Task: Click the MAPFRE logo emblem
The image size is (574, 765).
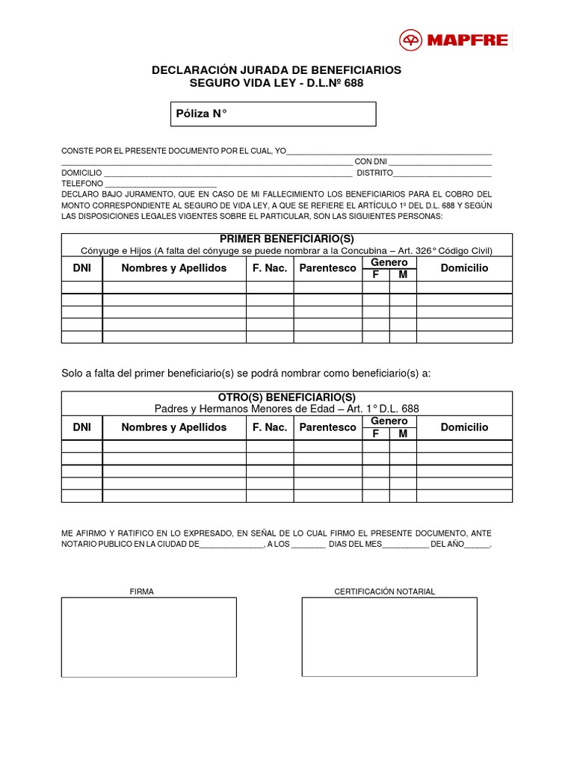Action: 410,40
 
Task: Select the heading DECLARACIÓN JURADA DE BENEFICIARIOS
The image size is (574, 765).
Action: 277,69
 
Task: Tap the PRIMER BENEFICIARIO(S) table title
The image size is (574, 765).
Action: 287,238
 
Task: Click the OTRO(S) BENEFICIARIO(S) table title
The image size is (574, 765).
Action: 287,397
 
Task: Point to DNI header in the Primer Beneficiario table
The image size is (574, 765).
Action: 82,268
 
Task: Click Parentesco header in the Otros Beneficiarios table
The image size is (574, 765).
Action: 327,427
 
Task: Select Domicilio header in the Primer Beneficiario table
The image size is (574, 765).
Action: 464,268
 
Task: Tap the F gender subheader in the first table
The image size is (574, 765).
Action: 376,275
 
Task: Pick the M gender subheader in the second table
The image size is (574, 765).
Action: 403,434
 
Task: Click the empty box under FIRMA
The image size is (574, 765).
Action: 149,637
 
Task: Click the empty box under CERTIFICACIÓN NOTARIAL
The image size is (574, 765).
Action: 389,637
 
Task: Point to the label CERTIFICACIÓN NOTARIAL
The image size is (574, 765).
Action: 384,592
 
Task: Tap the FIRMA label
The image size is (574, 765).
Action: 142,592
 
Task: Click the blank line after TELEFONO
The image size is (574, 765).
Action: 161,184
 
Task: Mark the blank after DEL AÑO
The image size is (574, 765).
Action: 477,545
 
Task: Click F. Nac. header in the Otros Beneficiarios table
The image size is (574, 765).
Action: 270,427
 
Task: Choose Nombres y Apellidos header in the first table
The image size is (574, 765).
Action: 174,268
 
